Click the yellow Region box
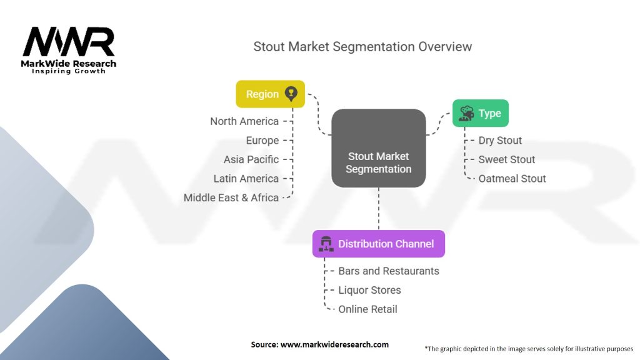[270, 94]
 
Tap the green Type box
[481, 113]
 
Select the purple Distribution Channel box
[378, 244]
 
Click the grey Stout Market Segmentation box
[378, 148]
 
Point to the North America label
[244, 121]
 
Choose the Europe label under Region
[262, 141]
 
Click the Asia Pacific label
[251, 159]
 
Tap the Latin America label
[246, 178]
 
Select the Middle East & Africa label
[231, 197]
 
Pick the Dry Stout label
[500, 141]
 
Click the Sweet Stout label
[506, 159]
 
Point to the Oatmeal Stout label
[512, 178]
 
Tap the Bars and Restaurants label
[389, 271]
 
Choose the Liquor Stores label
[370, 290]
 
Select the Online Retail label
[367, 309]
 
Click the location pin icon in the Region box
[291, 94]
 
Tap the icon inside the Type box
[466, 114]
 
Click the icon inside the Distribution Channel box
[326, 244]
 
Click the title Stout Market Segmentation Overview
[362, 46]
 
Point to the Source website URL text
[334, 344]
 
